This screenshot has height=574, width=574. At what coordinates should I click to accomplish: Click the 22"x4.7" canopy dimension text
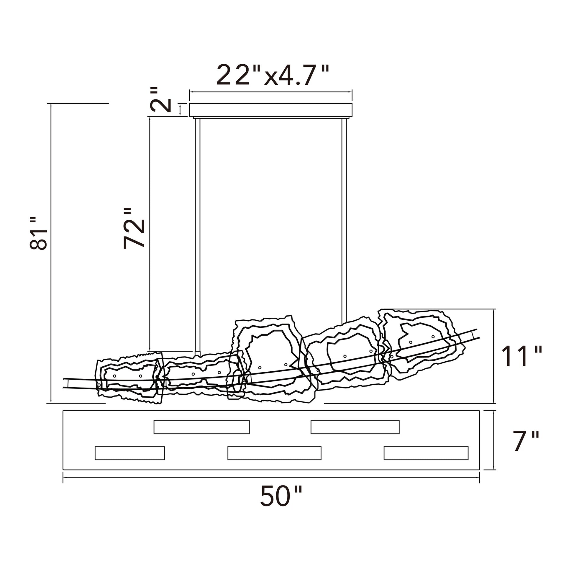pos(273,75)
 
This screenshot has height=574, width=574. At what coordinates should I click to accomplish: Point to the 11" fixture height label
pos(521,356)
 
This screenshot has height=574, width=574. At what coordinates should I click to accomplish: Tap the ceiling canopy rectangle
pos(271,110)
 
